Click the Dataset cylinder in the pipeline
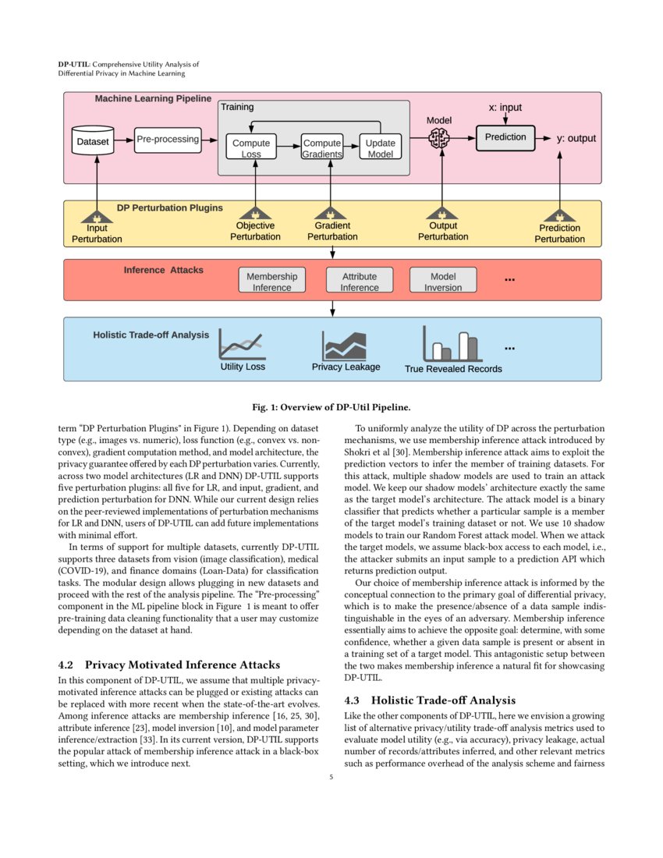(x=92, y=141)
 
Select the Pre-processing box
(x=167, y=140)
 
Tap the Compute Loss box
(x=251, y=147)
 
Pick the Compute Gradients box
(x=322, y=147)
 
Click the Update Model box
(x=380, y=147)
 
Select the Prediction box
(x=505, y=137)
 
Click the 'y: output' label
(x=576, y=138)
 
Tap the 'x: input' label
(x=505, y=108)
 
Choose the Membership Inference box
(x=271, y=281)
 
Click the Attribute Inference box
(x=359, y=281)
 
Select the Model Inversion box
(x=443, y=281)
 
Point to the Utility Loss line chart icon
(x=242, y=343)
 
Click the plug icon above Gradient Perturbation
(x=332, y=213)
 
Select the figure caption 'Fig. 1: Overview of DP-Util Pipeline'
(x=331, y=407)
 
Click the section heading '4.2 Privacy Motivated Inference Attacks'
(x=169, y=665)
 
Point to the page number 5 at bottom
(x=331, y=776)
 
